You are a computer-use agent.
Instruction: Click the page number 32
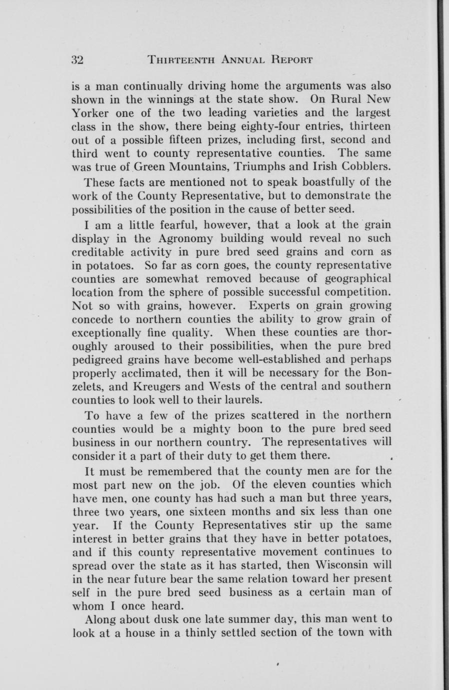coord(77,59)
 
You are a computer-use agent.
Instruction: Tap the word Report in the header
coord(292,59)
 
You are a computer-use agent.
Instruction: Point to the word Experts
coord(271,305)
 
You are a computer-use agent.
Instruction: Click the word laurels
coord(242,399)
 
